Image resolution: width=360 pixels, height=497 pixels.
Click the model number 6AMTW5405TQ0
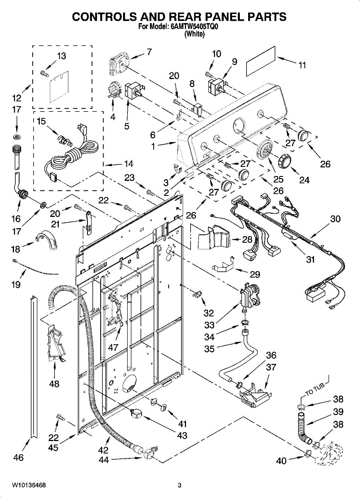(194, 27)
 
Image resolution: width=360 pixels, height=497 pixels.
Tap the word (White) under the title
(194, 34)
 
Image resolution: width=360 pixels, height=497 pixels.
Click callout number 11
(302, 65)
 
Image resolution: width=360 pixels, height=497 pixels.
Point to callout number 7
(149, 52)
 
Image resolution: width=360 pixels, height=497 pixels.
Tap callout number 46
(18, 457)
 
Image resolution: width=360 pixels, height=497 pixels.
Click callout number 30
(335, 219)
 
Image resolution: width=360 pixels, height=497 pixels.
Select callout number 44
(104, 460)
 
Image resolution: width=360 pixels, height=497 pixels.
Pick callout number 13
(61, 56)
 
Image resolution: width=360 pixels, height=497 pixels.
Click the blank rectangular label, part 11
(261, 61)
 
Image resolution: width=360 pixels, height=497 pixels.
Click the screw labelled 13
(44, 73)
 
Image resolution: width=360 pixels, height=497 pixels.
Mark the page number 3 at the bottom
(179, 485)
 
